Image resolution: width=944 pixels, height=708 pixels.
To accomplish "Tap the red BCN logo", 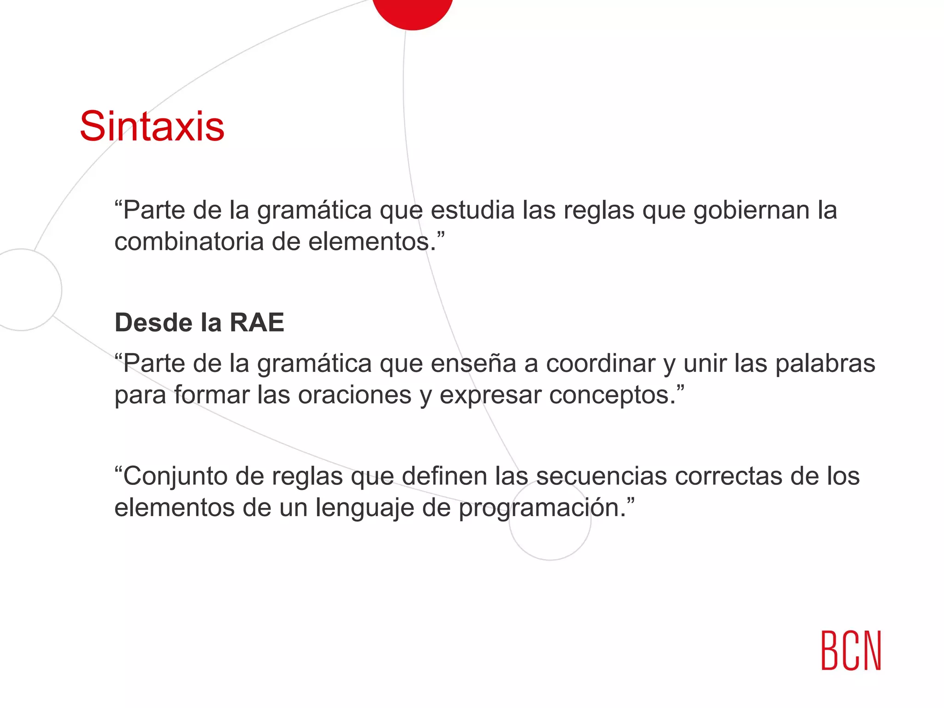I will [851, 650].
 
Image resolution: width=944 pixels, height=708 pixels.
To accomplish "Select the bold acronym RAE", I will [257, 322].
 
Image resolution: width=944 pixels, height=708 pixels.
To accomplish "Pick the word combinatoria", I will [189, 242].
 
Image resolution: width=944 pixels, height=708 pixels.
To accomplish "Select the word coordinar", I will [601, 364].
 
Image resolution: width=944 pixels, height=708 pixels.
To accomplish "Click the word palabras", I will [825, 364].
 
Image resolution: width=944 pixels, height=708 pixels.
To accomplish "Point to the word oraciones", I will [354, 395].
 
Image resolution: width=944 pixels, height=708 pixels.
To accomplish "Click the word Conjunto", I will [175, 476].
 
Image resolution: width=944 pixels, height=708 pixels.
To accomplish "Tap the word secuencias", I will [602, 476].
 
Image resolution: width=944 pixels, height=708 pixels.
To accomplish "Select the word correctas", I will [729, 476].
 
